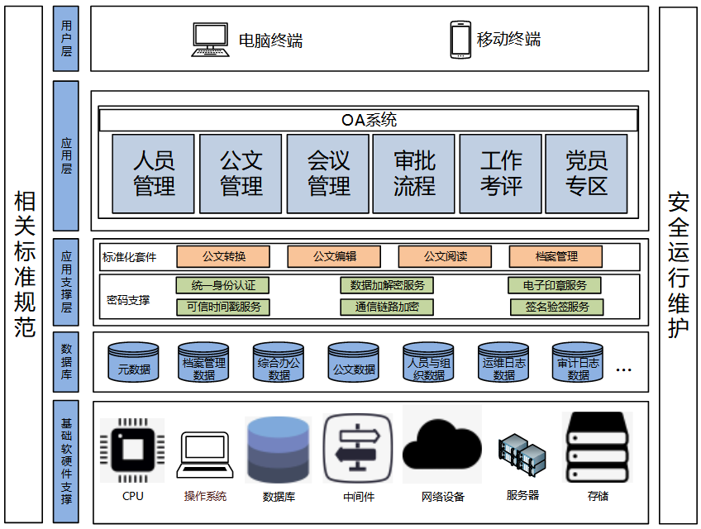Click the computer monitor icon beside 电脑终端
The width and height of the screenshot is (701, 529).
tap(210, 39)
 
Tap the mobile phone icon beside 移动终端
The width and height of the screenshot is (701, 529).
tap(460, 39)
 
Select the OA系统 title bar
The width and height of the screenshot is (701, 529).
tap(369, 121)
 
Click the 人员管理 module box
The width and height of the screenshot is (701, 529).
tap(154, 174)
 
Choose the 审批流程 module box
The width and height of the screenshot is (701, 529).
tap(414, 174)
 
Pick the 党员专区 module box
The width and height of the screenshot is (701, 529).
tap(587, 174)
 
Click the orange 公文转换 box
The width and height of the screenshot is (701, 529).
tap(223, 256)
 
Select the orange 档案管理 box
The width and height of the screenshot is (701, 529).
tap(556, 256)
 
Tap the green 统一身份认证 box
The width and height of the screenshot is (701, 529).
tap(223, 286)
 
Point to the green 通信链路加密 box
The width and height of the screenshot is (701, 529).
tap(387, 307)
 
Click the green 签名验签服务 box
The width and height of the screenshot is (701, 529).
tap(557, 307)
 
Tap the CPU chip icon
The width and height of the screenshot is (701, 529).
tap(132, 450)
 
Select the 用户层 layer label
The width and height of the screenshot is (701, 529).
tap(66, 39)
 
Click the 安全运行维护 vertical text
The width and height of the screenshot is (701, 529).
tap(679, 264)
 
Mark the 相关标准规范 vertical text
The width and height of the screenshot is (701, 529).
tap(24, 264)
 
